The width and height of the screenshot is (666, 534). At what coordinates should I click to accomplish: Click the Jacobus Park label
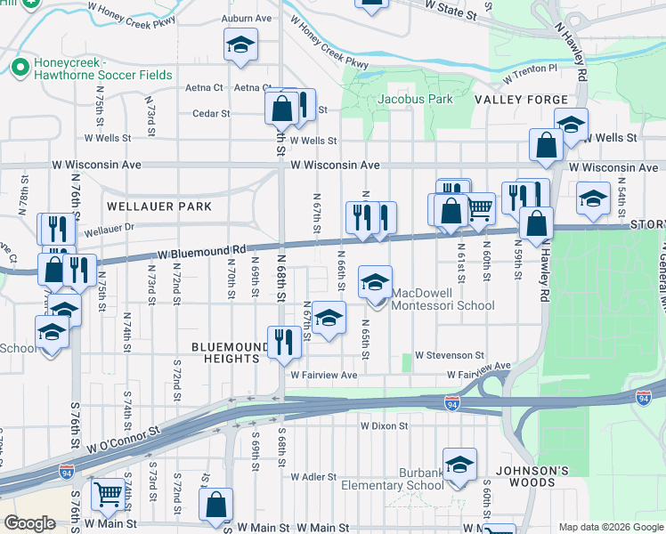(416, 99)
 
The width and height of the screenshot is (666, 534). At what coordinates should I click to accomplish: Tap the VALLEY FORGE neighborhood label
(521, 100)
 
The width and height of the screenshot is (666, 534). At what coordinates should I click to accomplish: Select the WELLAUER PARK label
(159, 206)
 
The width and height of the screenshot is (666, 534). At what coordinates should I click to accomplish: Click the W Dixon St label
(385, 426)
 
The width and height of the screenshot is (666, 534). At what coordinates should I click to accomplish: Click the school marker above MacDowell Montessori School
(375, 282)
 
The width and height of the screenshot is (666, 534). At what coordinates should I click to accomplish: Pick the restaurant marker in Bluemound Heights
(283, 342)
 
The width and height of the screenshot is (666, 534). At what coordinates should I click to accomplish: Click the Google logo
(29, 523)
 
